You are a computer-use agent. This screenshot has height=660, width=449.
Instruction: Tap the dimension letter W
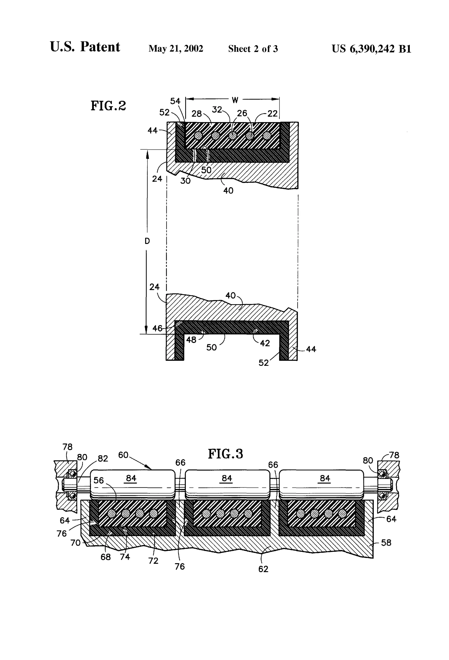[x=235, y=100]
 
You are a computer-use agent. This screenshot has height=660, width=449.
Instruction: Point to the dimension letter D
[x=147, y=241]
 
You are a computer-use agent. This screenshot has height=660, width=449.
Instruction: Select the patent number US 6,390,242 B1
[x=371, y=49]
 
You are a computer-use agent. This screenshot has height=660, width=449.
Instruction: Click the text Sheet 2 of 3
[x=253, y=49]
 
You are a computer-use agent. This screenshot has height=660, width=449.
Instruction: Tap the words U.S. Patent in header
[x=85, y=47]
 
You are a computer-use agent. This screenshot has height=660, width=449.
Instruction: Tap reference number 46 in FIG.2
[x=157, y=329]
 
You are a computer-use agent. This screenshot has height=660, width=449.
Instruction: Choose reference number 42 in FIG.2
[x=265, y=343]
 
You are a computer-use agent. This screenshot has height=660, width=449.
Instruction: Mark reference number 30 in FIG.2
[x=185, y=181]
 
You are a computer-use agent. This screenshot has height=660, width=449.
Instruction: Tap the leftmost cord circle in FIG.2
[x=198, y=136]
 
